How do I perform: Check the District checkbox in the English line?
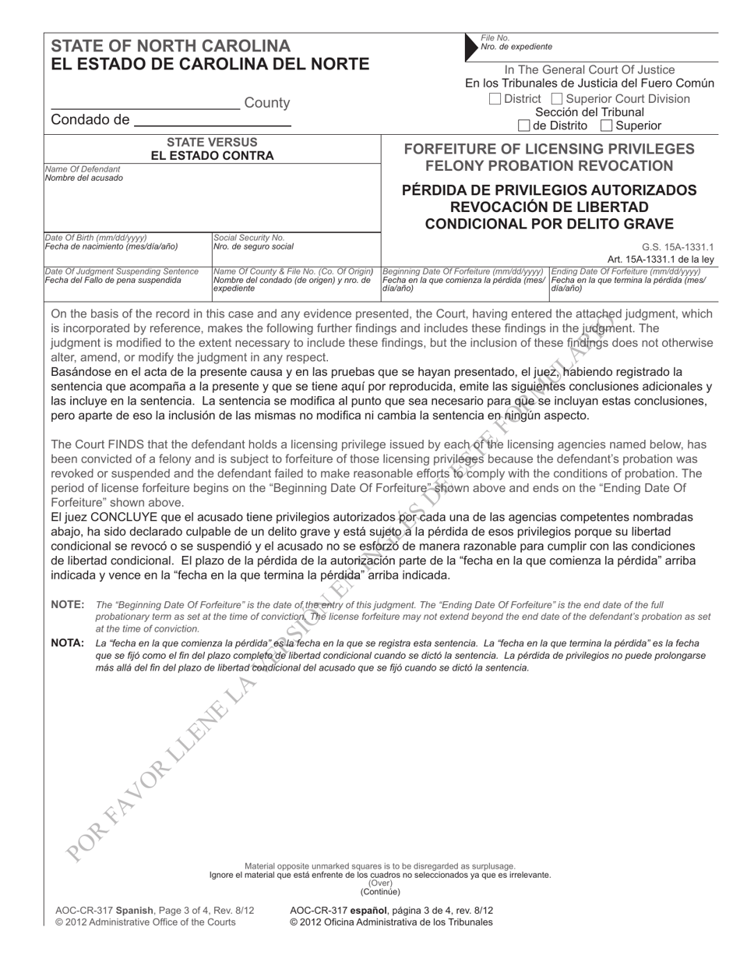pyautogui.click(x=495, y=99)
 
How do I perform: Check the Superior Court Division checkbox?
pyautogui.click(x=557, y=99)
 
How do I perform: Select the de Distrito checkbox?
pyautogui.click(x=523, y=126)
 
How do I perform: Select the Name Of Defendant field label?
pyautogui.click(x=83, y=169)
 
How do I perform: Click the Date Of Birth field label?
pyautogui.click(x=96, y=237)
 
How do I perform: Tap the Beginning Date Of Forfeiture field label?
pyautogui.click(x=463, y=271)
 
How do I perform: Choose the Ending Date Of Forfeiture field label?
pyautogui.click(x=626, y=271)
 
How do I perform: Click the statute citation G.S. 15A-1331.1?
pyautogui.click(x=677, y=247)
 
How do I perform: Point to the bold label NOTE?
pyautogui.click(x=67, y=604)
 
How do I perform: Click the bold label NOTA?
pyautogui.click(x=67, y=643)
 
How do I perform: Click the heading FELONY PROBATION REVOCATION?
pyautogui.click(x=548, y=165)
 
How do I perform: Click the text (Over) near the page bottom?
pyautogui.click(x=379, y=883)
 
